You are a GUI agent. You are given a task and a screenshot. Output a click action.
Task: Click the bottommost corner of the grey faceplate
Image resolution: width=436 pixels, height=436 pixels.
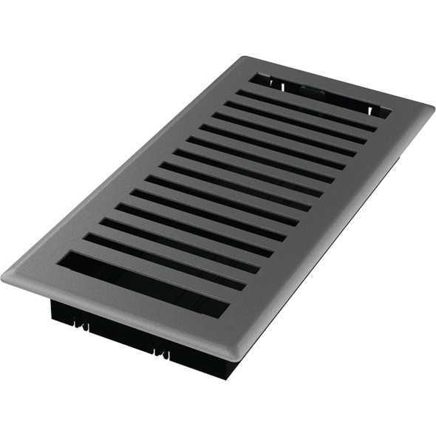[235, 361]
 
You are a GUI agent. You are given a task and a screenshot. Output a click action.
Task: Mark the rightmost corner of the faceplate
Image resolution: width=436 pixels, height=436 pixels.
[432, 108]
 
